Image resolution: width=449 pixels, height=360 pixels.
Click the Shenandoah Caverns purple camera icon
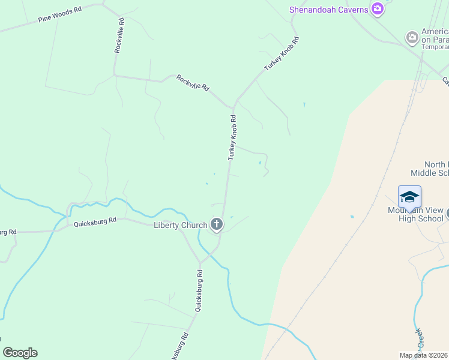tap(378, 8)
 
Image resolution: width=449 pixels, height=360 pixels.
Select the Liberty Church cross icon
tap(217, 225)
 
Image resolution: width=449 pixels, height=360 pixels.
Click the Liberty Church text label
tap(180, 225)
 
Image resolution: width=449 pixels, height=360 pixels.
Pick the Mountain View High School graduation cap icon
tap(409, 197)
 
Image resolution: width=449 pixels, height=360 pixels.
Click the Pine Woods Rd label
tap(59, 15)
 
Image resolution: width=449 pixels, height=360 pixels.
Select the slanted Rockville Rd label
tap(193, 83)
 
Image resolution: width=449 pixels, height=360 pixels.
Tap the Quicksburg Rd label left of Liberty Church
tap(95, 222)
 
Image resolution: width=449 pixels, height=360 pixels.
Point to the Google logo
tap(20, 353)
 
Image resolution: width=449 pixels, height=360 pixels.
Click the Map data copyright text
tap(424, 355)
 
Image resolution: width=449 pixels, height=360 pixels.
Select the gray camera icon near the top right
tap(412, 38)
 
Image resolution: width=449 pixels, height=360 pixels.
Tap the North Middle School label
tap(429, 169)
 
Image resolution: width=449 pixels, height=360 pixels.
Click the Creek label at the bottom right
tap(419, 339)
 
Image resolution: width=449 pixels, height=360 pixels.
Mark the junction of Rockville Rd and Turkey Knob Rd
tap(234, 103)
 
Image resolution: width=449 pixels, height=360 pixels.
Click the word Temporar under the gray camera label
tap(435, 47)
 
